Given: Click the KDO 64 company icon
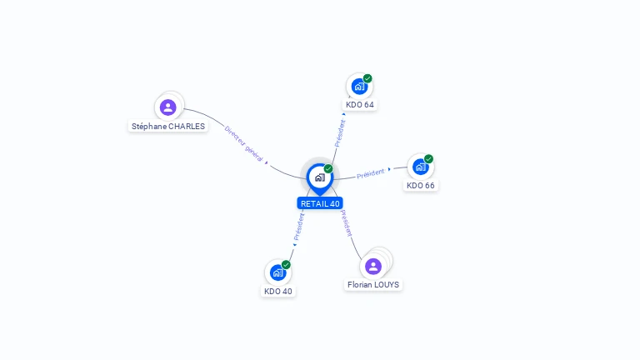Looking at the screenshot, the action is [x=359, y=87].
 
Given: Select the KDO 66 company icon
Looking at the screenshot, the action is [x=420, y=167].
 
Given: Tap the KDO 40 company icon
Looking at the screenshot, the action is [x=278, y=272].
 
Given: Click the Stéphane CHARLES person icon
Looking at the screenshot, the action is [x=167, y=107].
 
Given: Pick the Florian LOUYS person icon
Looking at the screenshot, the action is [x=373, y=267].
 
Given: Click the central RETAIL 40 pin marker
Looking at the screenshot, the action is [x=320, y=179].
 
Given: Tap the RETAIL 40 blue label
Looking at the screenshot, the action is [x=320, y=203].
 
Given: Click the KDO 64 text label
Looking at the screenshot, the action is [x=360, y=105].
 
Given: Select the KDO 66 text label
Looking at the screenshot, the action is [x=420, y=185].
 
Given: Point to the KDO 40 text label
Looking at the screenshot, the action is [x=278, y=292].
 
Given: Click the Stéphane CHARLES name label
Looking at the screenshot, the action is [x=168, y=127].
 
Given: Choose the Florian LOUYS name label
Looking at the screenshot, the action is [x=373, y=284].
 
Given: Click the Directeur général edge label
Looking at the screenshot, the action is [x=243, y=143].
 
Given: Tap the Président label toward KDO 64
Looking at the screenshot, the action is [x=340, y=133].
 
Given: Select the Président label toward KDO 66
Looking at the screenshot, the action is [x=371, y=173].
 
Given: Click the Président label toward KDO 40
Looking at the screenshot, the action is [x=299, y=227].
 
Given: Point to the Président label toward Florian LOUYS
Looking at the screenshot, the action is [x=346, y=223].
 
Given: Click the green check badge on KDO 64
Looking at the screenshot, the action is [x=367, y=78].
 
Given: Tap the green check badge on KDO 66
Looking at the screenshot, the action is [x=428, y=159].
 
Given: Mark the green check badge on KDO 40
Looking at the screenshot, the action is [x=286, y=264].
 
